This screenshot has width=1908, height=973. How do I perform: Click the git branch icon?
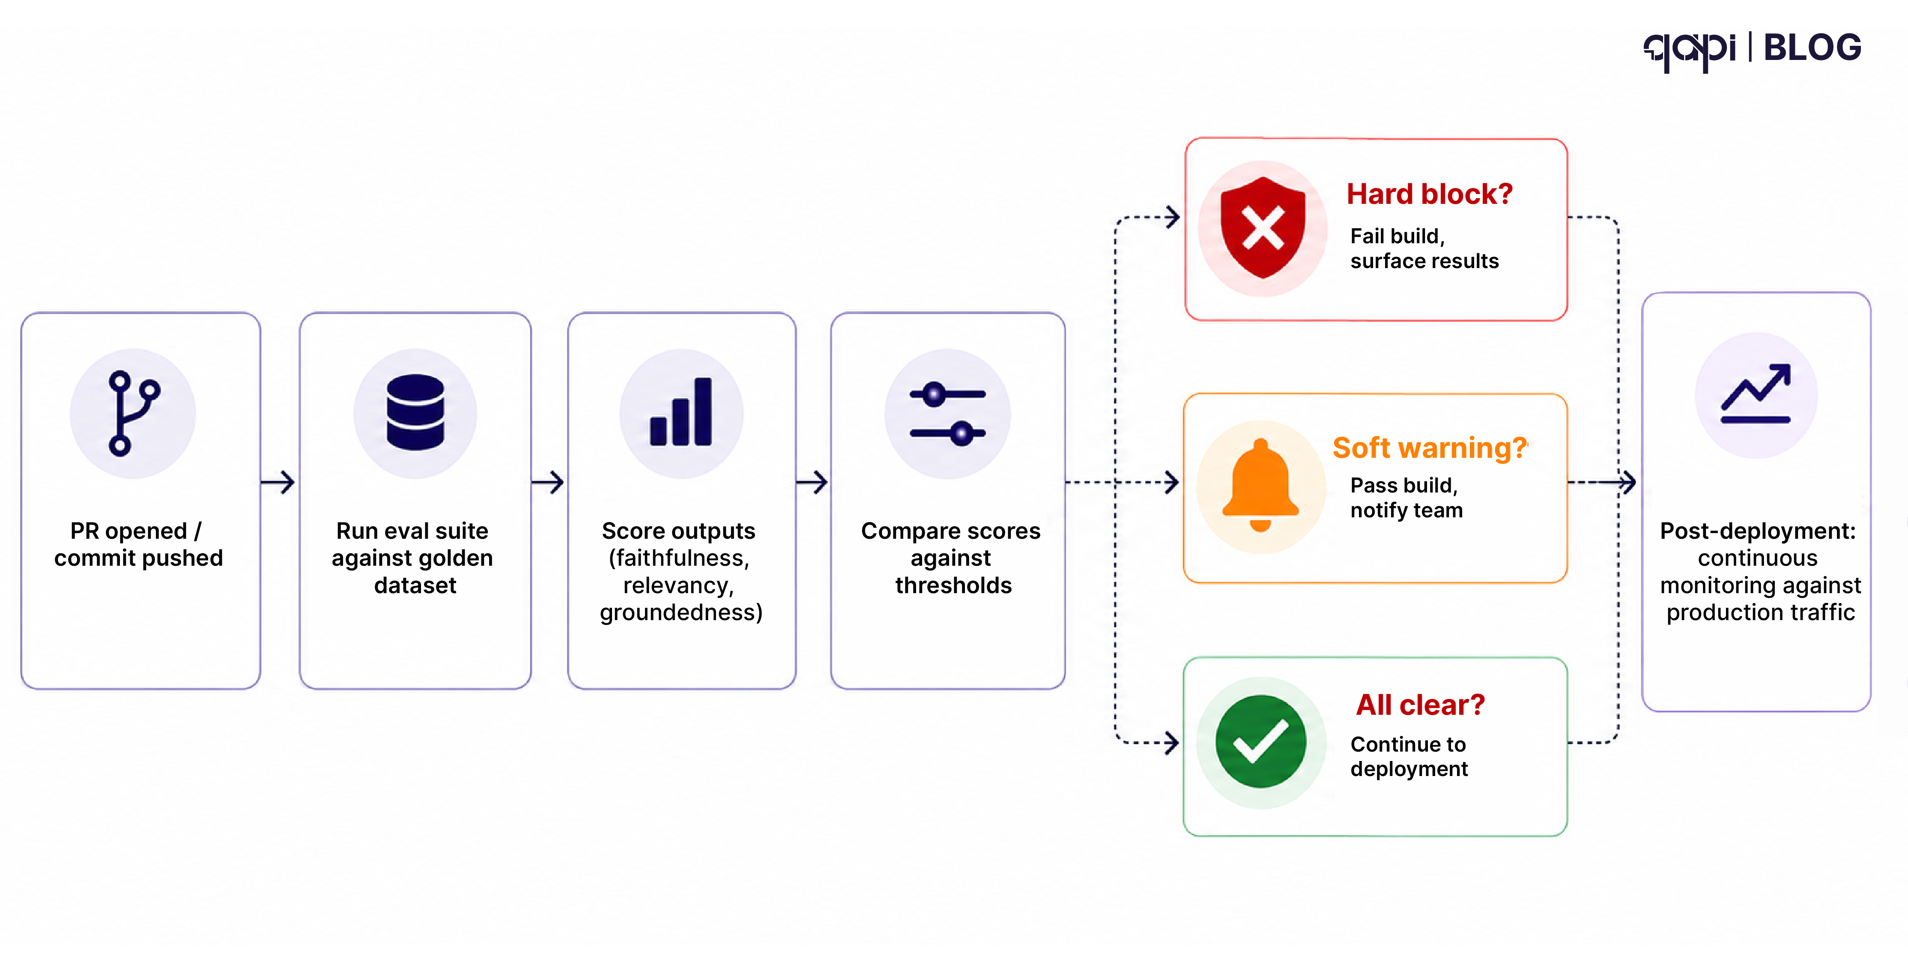(x=133, y=413)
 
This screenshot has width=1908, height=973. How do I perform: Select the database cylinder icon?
(x=415, y=412)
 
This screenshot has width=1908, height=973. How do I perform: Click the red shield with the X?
(x=1263, y=227)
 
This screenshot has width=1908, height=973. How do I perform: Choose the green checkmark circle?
(x=1260, y=741)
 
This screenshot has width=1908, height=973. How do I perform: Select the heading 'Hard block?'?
(x=1429, y=194)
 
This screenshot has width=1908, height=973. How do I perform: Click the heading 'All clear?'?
(x=1420, y=705)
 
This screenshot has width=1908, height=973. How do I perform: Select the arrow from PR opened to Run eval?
(x=278, y=482)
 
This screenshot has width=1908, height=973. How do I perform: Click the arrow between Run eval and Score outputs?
(x=548, y=482)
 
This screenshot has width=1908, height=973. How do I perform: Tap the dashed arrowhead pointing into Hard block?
(x=1172, y=217)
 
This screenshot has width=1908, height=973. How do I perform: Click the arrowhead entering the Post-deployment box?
(x=1628, y=482)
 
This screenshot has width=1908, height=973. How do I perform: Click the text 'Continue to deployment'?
(x=1408, y=756)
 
